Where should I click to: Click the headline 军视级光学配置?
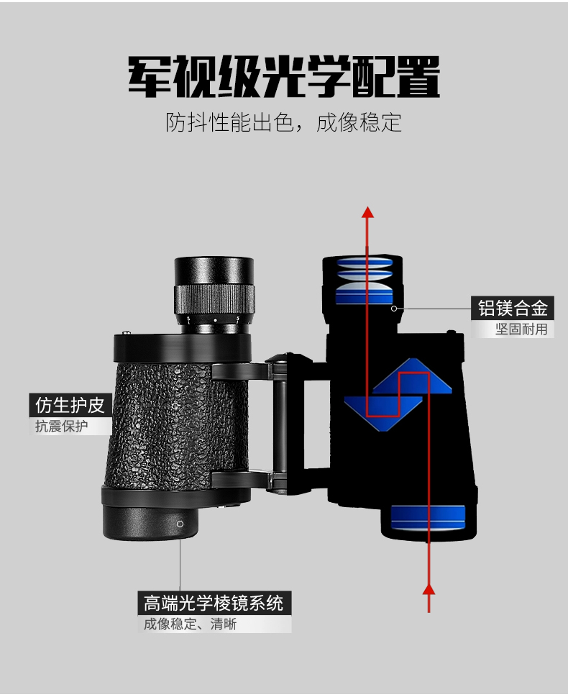point(284,76)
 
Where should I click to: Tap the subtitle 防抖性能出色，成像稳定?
point(283,122)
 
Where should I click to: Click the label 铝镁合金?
point(513,308)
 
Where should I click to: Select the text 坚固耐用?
point(521,329)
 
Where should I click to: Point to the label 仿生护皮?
point(70,405)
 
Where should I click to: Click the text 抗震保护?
point(61,426)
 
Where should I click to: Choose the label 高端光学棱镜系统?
point(214,603)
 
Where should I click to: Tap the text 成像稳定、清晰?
point(190,624)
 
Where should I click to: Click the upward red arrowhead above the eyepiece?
point(367,211)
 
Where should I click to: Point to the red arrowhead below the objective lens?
point(429,589)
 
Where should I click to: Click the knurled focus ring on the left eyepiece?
point(214,299)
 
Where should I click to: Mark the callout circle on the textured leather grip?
point(175,406)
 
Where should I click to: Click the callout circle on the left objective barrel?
point(180,524)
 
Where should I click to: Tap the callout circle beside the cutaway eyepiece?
point(394,308)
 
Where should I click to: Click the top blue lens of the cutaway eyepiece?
point(365,261)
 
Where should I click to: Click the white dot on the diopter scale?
point(215,320)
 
